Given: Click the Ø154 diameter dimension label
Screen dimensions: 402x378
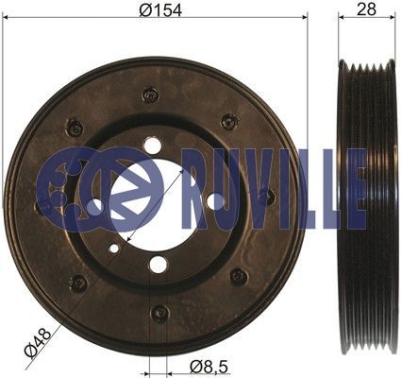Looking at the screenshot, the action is [160, 10].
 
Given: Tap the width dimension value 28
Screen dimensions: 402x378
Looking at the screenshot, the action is [366, 9].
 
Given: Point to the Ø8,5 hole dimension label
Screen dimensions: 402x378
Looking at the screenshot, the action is [209, 367].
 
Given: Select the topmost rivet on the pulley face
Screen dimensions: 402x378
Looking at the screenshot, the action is [150, 94].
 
